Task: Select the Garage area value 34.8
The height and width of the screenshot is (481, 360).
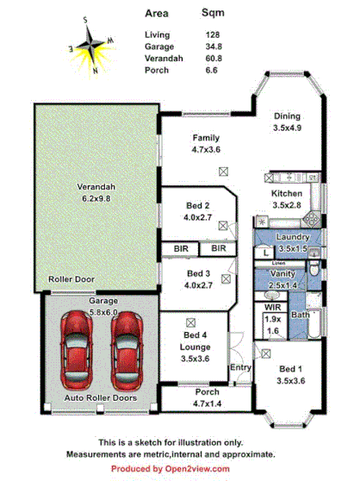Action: pyautogui.click(x=211, y=46)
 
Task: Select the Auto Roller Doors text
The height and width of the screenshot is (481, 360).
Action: pyautogui.click(x=101, y=398)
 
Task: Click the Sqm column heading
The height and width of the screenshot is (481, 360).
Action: pyautogui.click(x=213, y=14)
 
